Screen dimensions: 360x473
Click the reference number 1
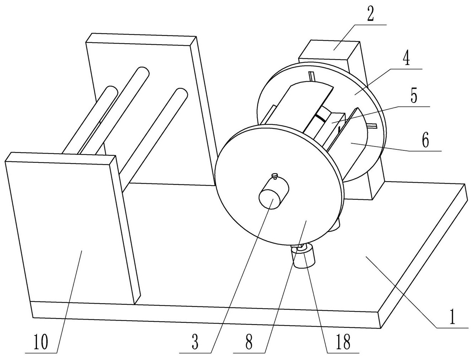click(x=452, y=317)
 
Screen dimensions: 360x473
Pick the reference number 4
click(x=406, y=59)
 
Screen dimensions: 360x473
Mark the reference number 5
click(x=414, y=96)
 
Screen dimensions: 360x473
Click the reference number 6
click(x=425, y=141)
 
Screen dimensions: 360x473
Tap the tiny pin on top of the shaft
click(x=274, y=175)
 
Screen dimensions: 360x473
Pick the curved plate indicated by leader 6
click(x=355, y=142)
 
